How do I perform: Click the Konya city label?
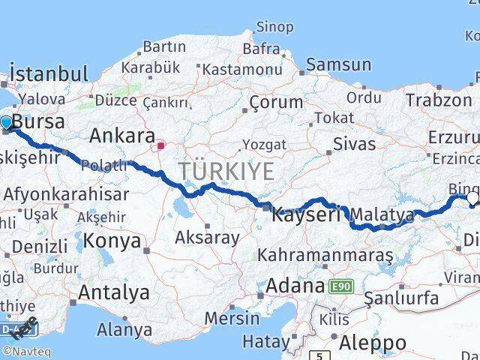[x=112, y=241]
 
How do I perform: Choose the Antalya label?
[x=109, y=291]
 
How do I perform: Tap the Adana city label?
[x=295, y=286]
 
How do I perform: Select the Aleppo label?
[x=373, y=343]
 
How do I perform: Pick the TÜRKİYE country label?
[x=226, y=170]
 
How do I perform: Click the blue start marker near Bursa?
[x=6, y=123]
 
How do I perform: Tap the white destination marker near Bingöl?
[x=472, y=199]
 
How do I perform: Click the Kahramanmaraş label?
[x=325, y=256]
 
